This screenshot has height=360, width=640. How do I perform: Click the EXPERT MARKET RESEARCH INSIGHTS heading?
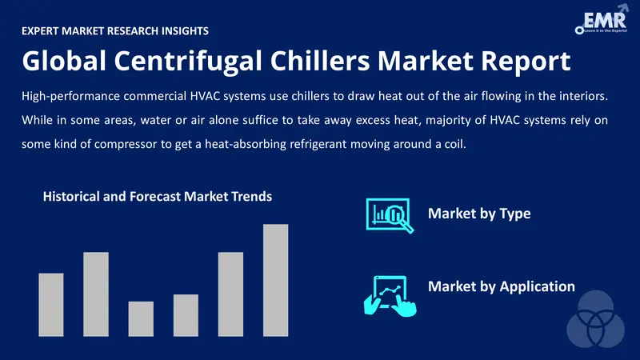(x=116, y=31)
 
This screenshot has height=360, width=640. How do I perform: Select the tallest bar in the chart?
(x=275, y=280)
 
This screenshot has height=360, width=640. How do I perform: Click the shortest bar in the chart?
(x=141, y=318)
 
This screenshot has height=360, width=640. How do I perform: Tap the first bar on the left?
(x=51, y=304)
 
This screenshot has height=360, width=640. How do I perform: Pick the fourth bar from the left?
(x=186, y=315)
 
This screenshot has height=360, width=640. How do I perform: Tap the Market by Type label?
(x=479, y=214)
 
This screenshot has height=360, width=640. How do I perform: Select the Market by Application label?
(x=502, y=286)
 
